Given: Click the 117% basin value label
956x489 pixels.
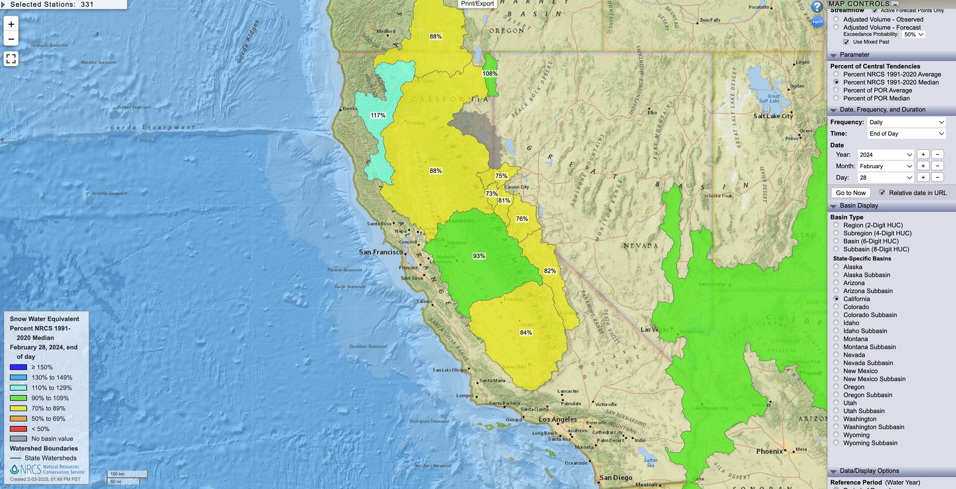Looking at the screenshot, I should point(378,115).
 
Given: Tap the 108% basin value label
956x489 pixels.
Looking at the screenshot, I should point(490,73).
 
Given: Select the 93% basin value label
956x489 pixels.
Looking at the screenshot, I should point(479,256).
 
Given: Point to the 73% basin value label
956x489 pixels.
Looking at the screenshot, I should point(491,193).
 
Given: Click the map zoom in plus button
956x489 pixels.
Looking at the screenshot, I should point(11,24).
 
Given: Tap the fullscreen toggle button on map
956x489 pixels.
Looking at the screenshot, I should point(11,58).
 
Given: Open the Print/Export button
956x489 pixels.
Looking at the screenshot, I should point(477,4).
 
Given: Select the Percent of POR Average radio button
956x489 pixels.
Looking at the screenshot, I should point(836,90).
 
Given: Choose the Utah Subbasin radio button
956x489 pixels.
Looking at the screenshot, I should point(836,411).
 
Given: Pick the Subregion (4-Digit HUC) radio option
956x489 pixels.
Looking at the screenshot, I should point(836,233).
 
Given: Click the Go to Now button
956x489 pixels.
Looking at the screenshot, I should point(850,193).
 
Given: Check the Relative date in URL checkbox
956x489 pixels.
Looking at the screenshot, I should point(882,193).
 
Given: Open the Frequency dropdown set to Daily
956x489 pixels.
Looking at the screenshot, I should point(906,122).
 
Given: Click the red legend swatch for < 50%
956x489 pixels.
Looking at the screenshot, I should point(18,429).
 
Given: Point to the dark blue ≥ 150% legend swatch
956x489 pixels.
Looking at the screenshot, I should point(18,367).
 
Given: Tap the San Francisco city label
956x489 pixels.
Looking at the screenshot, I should point(380,252).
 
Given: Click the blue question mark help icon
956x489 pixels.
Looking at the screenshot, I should point(817,6).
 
